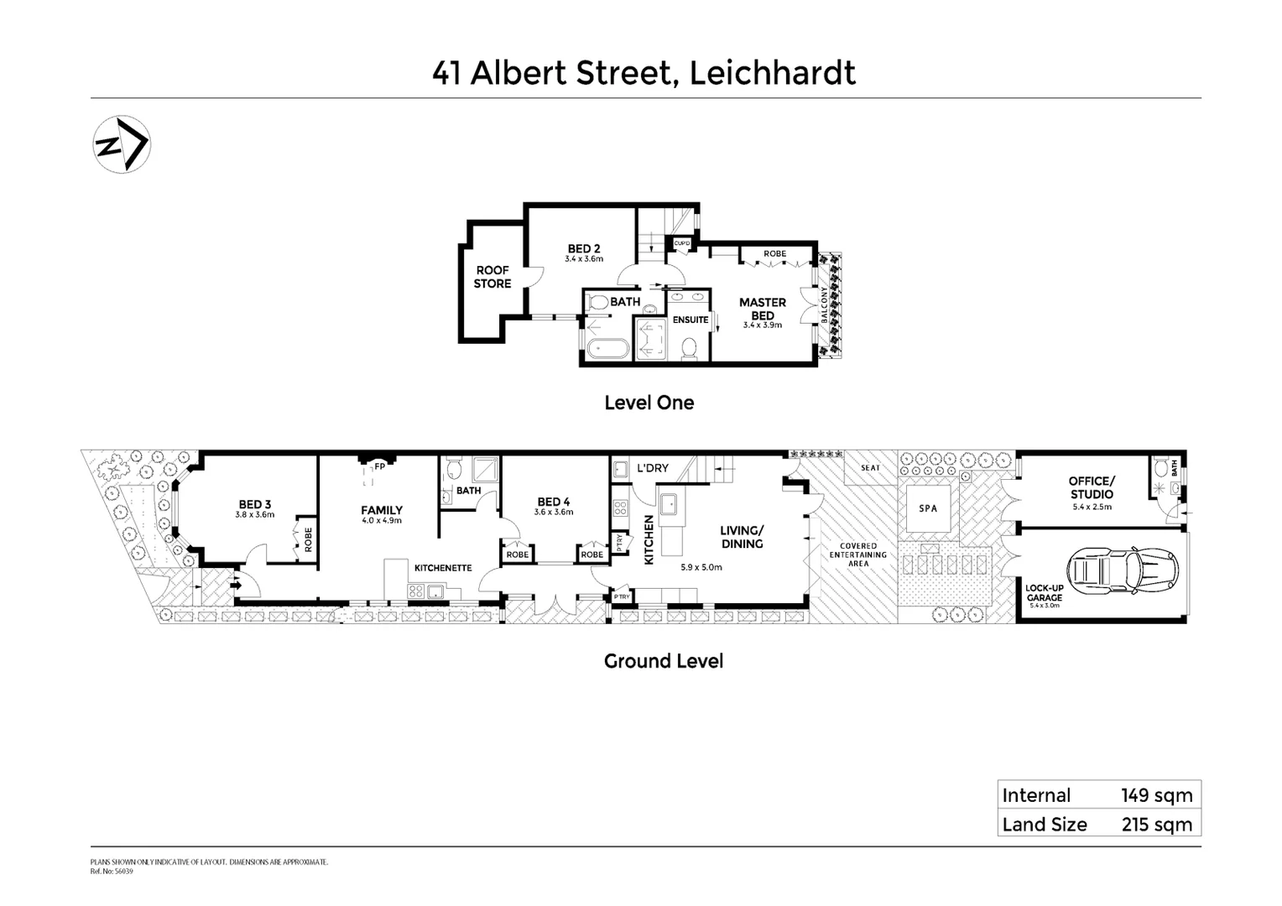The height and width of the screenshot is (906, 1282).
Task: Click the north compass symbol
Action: click(x=121, y=144)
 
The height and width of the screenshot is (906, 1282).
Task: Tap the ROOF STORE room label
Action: click(x=492, y=277)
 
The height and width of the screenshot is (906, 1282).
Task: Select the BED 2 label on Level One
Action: click(x=584, y=248)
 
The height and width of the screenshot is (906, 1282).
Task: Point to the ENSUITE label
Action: click(x=690, y=320)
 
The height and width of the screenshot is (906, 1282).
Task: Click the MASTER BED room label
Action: click(x=762, y=309)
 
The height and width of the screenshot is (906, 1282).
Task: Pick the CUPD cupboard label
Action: click(x=681, y=244)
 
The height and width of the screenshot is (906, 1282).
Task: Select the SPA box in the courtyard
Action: click(x=927, y=508)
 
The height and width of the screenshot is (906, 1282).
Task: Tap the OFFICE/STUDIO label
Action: click(x=1091, y=487)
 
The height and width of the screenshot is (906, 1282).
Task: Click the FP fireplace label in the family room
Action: click(x=379, y=466)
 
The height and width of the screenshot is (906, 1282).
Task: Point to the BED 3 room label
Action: click(x=254, y=505)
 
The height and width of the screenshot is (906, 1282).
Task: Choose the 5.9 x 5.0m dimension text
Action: click(x=701, y=567)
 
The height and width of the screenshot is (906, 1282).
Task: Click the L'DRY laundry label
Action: click(x=652, y=468)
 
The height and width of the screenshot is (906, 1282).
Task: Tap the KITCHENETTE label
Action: click(x=443, y=568)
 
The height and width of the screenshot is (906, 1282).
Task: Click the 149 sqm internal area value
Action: click(x=1156, y=795)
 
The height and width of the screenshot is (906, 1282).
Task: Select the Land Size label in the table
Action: click(x=1044, y=825)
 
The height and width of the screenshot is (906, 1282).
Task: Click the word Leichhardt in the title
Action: click(x=772, y=73)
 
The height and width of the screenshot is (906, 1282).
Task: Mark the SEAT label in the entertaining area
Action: click(x=870, y=468)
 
